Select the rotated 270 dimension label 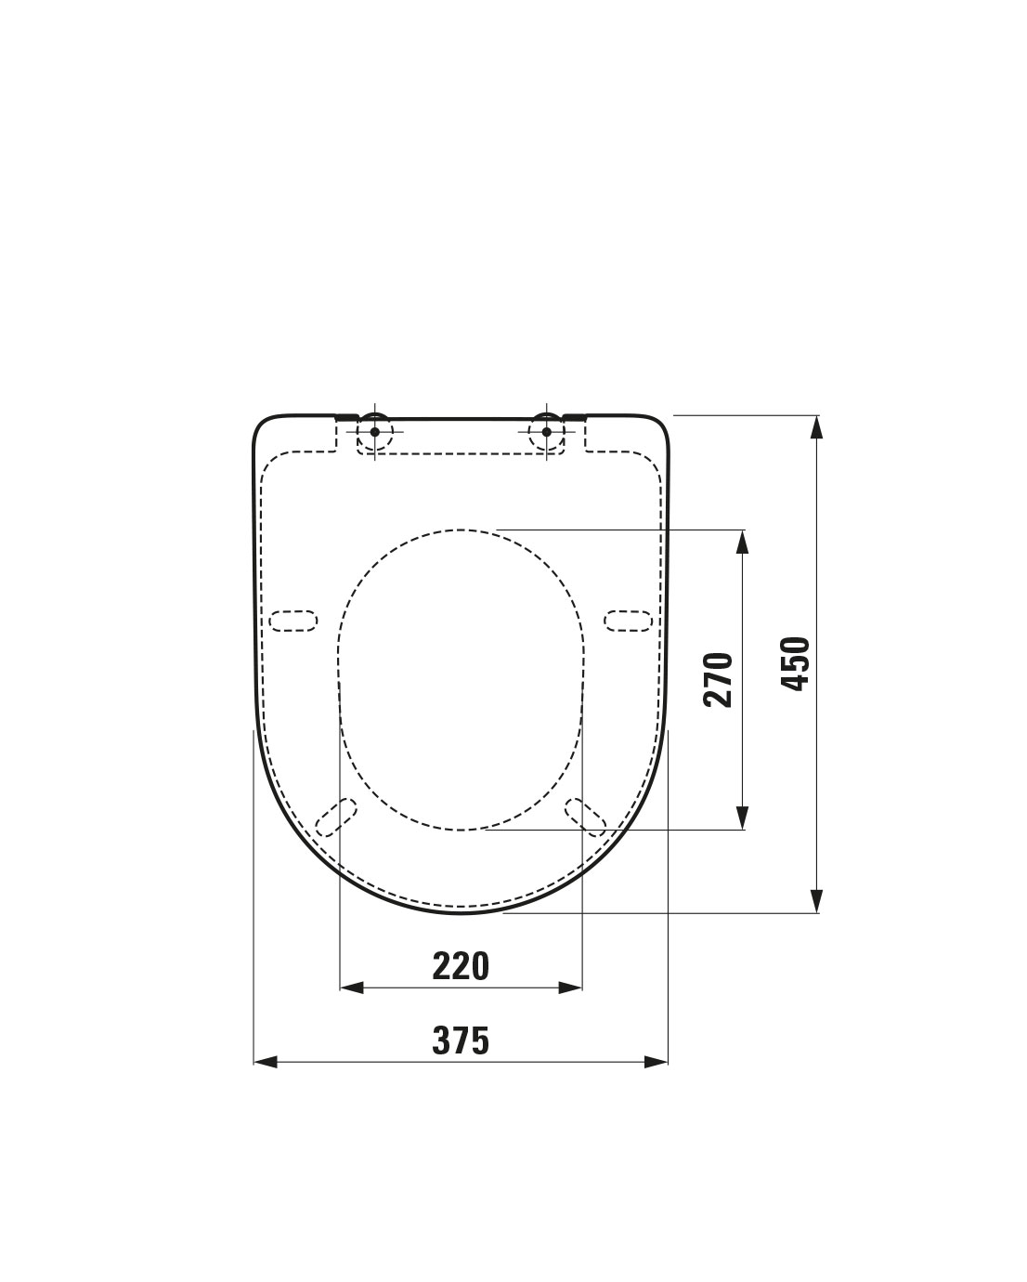tap(718, 680)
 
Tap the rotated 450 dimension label tap(796, 663)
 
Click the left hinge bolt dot tap(374, 431)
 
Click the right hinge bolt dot tap(547, 431)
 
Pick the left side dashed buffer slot tap(292, 621)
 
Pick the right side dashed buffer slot tap(628, 621)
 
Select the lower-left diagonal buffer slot tap(336, 818)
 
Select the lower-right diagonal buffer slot tap(585, 818)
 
